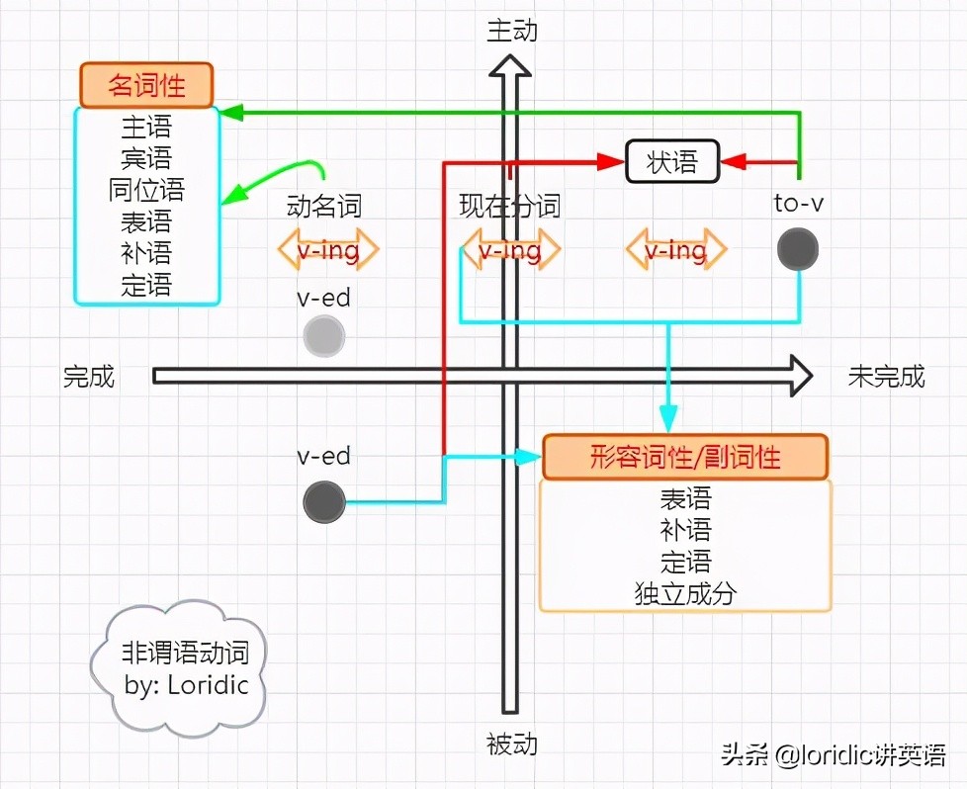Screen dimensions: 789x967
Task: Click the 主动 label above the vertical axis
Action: (x=511, y=31)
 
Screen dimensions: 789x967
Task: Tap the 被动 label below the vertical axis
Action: (x=511, y=744)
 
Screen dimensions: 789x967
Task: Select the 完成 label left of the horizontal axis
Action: (x=89, y=376)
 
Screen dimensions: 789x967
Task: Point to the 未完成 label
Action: (x=886, y=376)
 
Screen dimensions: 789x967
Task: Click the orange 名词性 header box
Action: (x=146, y=84)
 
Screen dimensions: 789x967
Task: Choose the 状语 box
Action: (x=672, y=161)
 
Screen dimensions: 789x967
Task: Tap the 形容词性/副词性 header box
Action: (x=685, y=457)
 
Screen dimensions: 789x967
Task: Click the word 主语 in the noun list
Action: (x=146, y=127)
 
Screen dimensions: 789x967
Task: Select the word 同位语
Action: (x=146, y=190)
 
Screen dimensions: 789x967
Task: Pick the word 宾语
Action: (x=146, y=158)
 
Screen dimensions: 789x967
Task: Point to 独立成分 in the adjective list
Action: (x=685, y=593)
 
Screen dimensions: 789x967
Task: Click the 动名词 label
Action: (x=323, y=206)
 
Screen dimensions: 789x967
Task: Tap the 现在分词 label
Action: (x=509, y=206)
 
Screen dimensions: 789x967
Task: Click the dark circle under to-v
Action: (x=797, y=248)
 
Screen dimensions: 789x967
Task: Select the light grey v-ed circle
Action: (x=324, y=336)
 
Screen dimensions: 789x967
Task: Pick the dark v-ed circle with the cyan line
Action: (x=324, y=502)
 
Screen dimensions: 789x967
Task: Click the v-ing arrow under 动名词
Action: (x=327, y=250)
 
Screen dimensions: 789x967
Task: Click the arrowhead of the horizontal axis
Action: (x=799, y=376)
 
